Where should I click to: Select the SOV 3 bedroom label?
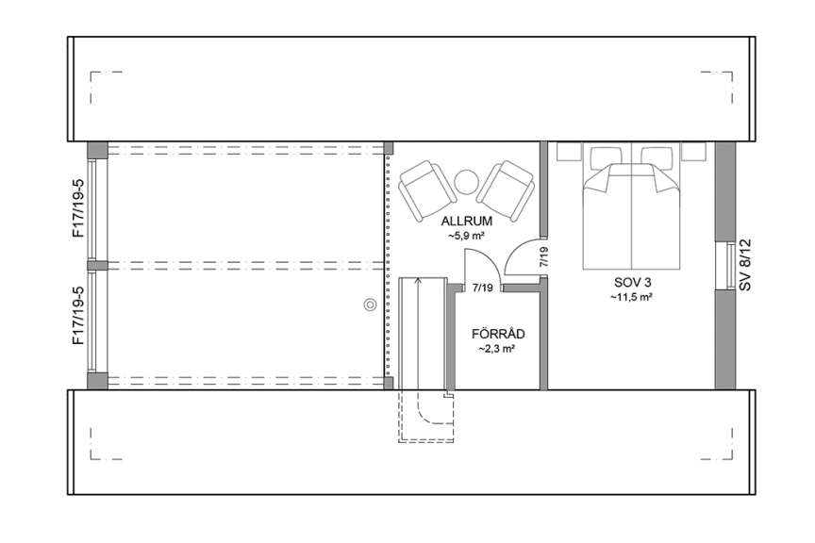pyautogui.click(x=631, y=282)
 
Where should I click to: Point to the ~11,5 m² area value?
pyautogui.click(x=631, y=297)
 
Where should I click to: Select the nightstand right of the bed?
pyautogui.click(x=694, y=151)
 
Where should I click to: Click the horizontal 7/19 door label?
pyautogui.click(x=482, y=288)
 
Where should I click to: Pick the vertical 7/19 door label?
pyautogui.click(x=542, y=257)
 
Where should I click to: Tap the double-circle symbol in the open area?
pyautogui.click(x=370, y=304)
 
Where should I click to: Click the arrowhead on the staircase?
pyautogui.click(x=418, y=282)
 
